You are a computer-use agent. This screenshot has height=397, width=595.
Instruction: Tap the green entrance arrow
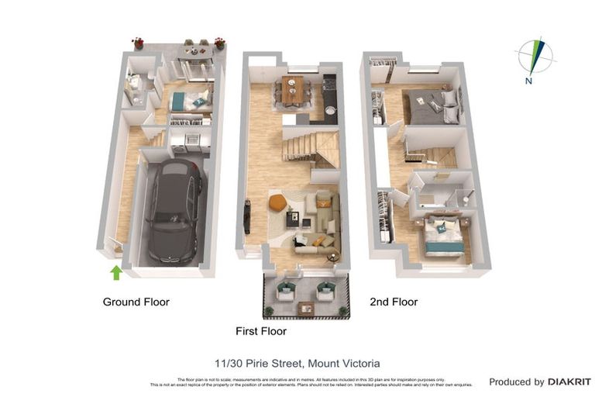point(116,272)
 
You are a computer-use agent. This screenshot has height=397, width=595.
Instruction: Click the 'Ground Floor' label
point(136,302)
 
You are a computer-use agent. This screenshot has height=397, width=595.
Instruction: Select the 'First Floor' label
point(261,331)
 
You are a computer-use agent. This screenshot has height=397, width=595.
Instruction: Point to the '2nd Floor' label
point(394,302)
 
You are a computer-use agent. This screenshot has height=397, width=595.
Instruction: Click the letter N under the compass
point(527,80)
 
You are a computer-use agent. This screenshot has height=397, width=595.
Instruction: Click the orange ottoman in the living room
point(278,203)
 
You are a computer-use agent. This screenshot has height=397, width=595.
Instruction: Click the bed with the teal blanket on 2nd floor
point(444,235)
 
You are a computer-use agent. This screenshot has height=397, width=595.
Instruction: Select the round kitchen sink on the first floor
point(331,110)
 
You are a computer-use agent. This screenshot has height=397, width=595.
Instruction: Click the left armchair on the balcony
point(285,292)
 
